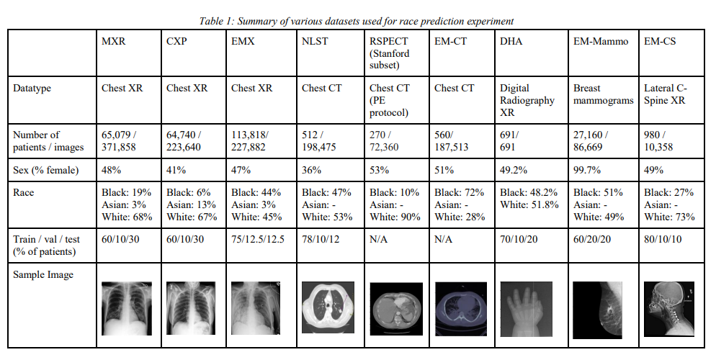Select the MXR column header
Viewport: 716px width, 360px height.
114,41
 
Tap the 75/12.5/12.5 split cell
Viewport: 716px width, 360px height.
259,239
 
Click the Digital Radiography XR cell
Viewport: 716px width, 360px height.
527,100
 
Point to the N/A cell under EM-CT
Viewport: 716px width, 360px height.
444,239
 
